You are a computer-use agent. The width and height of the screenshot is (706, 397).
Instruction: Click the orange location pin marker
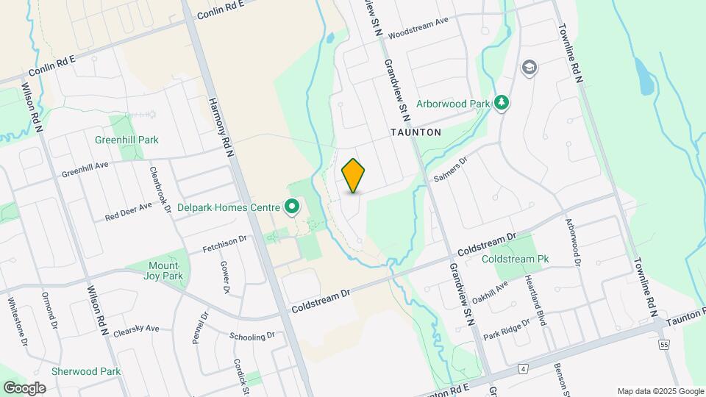(x=354, y=175)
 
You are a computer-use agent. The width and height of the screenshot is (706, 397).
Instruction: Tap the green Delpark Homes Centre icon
(x=292, y=207)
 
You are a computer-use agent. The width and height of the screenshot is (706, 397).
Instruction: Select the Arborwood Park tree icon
(x=502, y=103)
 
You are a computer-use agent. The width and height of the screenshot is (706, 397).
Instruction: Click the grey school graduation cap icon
(x=529, y=68)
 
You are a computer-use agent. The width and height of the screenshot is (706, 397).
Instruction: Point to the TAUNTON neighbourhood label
(x=416, y=133)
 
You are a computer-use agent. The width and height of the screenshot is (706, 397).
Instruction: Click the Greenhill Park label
(x=126, y=140)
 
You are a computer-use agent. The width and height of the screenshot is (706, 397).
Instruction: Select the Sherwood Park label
(x=86, y=371)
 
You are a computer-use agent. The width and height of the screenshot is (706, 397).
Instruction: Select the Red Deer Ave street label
(x=128, y=212)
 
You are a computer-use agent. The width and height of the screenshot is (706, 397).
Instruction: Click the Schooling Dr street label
(x=252, y=337)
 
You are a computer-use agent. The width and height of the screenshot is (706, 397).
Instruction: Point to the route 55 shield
(x=665, y=344)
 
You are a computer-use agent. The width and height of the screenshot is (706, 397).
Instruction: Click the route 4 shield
(x=523, y=367)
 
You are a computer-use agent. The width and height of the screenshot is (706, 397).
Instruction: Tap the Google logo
(x=24, y=387)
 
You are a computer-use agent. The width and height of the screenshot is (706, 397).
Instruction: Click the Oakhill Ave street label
(x=491, y=291)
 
